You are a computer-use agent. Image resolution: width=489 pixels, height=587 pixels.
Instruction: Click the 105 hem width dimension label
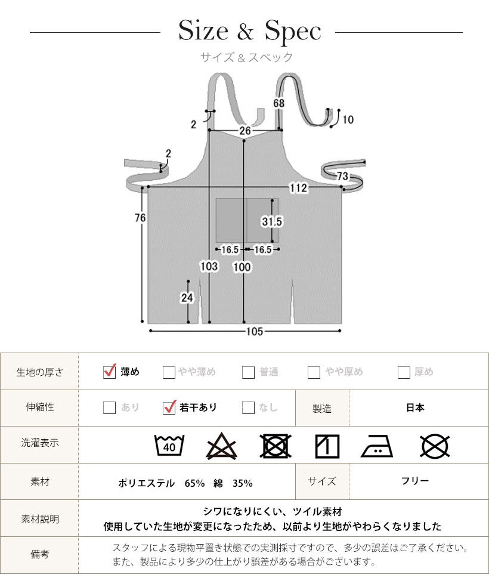point(255,331)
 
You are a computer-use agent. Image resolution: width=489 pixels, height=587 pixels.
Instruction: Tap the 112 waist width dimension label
point(298,188)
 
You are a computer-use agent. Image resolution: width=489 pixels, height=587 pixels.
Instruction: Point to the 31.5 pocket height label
point(271,222)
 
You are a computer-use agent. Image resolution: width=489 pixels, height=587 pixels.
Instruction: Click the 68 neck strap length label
point(278,103)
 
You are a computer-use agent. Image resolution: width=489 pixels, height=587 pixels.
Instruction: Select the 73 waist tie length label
point(342,176)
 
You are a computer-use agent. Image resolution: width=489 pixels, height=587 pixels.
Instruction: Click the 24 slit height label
point(187,298)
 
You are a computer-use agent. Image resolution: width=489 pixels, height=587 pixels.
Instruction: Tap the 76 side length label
point(140,218)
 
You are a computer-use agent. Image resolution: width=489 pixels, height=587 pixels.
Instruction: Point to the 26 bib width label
point(245,131)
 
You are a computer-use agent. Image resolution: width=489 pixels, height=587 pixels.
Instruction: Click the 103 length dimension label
point(209,267)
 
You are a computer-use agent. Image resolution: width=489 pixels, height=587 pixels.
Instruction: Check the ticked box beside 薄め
point(110,372)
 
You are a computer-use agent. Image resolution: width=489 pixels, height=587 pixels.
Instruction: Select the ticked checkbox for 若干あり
point(169,407)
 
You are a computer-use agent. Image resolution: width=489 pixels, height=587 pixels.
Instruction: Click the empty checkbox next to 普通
point(248,372)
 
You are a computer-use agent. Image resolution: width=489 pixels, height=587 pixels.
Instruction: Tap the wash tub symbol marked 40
point(169,446)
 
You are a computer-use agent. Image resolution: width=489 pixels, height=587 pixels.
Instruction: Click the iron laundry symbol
point(377,446)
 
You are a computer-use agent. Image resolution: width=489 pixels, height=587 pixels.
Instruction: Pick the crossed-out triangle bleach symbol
point(221,446)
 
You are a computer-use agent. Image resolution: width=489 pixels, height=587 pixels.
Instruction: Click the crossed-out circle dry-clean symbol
point(435,446)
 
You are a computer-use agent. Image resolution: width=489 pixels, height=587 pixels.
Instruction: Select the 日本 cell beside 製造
point(415,407)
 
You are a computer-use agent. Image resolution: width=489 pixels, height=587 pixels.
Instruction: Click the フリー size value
point(414,481)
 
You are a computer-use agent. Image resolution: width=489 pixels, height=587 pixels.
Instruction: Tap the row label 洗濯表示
point(40,443)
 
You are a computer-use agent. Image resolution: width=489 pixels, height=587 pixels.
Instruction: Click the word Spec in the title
point(293,30)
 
